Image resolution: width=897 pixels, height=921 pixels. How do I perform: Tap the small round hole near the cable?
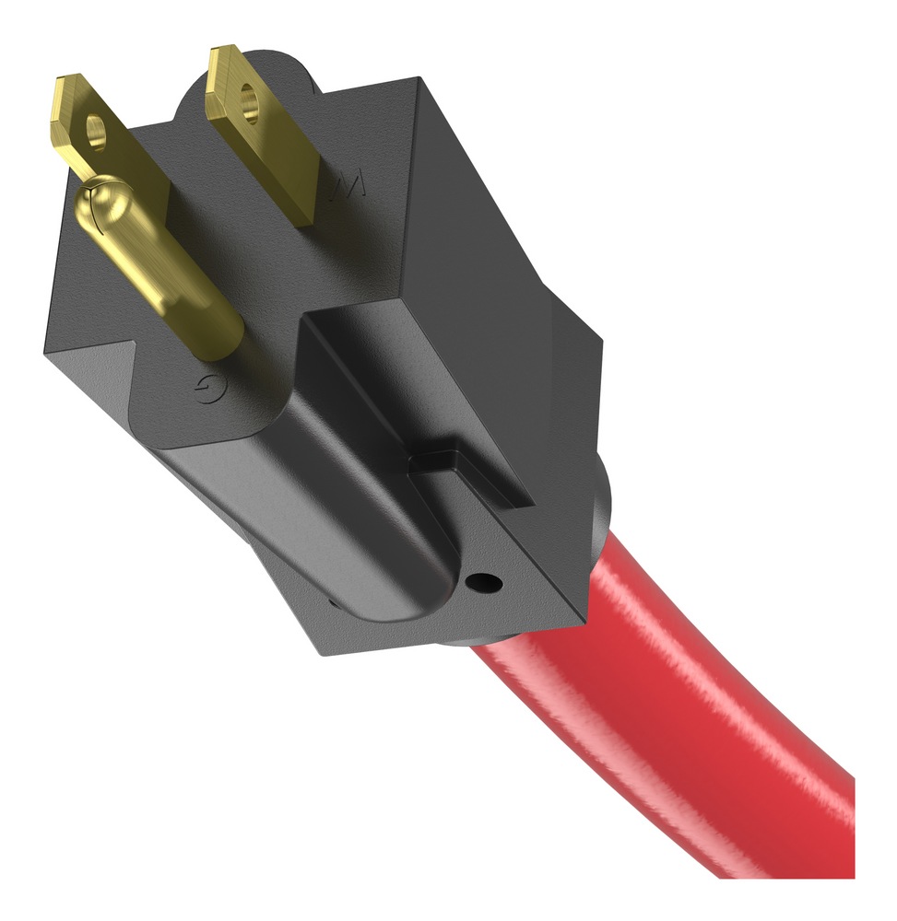coord(482,582)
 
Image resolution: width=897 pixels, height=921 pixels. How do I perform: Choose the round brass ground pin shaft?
coord(166,267)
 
